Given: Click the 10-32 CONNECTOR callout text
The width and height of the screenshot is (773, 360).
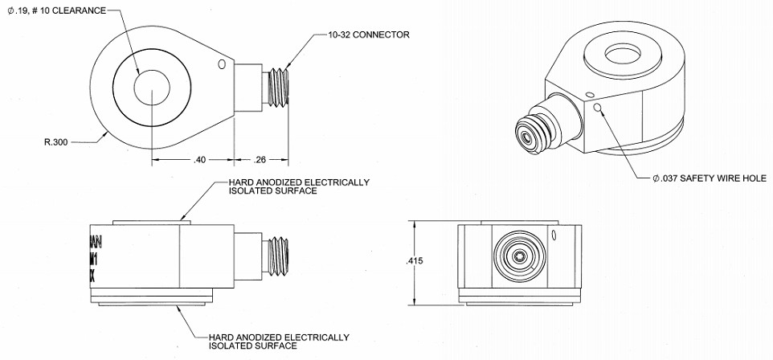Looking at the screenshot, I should click(x=369, y=35).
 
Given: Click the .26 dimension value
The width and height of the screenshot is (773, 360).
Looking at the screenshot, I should click(x=261, y=159).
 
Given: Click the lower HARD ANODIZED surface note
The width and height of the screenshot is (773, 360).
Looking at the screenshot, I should click(x=278, y=341).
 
